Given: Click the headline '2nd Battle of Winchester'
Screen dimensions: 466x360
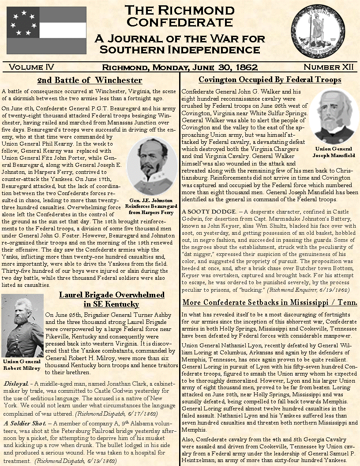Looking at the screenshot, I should pyautogui.click(x=90, y=80).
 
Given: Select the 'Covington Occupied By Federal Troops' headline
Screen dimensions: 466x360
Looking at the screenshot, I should pyautogui.click(x=270, y=80).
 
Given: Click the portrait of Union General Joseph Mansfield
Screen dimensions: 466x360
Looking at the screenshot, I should pyautogui.click(x=334, y=117).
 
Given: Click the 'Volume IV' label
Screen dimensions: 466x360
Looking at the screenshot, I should pyautogui.click(x=31, y=67).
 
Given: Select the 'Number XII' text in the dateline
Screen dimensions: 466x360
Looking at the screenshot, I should pyautogui.click(x=328, y=67).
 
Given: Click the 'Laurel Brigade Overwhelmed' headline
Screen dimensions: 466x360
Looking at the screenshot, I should pyautogui.click(x=112, y=295).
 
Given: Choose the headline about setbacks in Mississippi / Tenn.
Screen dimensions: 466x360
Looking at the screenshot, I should pyautogui.click(x=270, y=302).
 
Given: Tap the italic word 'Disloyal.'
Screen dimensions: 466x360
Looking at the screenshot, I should pyautogui.click(x=16, y=383).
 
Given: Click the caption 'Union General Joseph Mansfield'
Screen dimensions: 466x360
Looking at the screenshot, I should pyautogui.click(x=334, y=152).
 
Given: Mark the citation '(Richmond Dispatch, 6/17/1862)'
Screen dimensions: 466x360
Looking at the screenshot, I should pyautogui.click(x=116, y=414).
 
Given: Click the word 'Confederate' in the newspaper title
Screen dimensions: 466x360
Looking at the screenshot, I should pyautogui.click(x=180, y=22).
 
